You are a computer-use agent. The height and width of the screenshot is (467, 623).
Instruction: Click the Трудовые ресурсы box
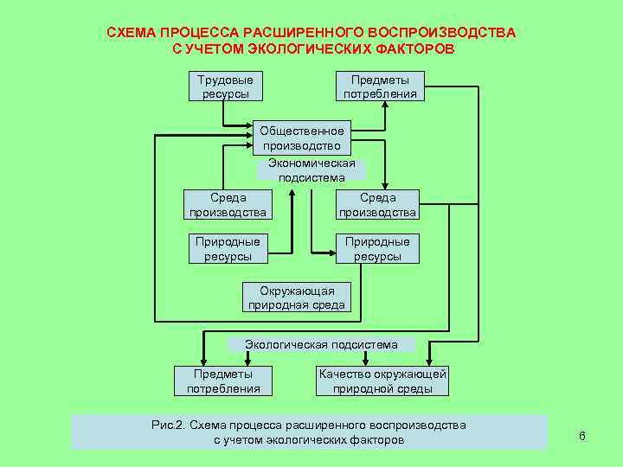(x=226, y=86)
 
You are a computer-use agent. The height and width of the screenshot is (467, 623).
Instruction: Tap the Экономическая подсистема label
(x=311, y=170)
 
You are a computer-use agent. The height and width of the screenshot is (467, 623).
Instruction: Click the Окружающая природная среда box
(x=297, y=297)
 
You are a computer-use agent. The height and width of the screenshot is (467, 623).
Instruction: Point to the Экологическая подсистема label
(x=321, y=344)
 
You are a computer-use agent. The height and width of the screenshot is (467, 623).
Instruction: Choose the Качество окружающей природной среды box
(x=382, y=381)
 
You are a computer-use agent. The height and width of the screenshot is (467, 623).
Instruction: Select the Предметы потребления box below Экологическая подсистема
(x=223, y=381)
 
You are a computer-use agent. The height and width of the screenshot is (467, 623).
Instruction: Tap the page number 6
(x=582, y=436)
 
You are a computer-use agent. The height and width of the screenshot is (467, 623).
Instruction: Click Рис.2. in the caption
(x=168, y=425)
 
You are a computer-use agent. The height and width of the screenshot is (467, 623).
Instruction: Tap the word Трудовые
(x=226, y=80)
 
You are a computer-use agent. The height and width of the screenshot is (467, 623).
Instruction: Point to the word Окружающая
(x=297, y=291)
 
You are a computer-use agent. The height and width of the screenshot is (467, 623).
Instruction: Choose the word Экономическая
(x=311, y=163)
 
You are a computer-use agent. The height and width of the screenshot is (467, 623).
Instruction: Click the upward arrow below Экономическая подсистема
(x=293, y=216)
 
